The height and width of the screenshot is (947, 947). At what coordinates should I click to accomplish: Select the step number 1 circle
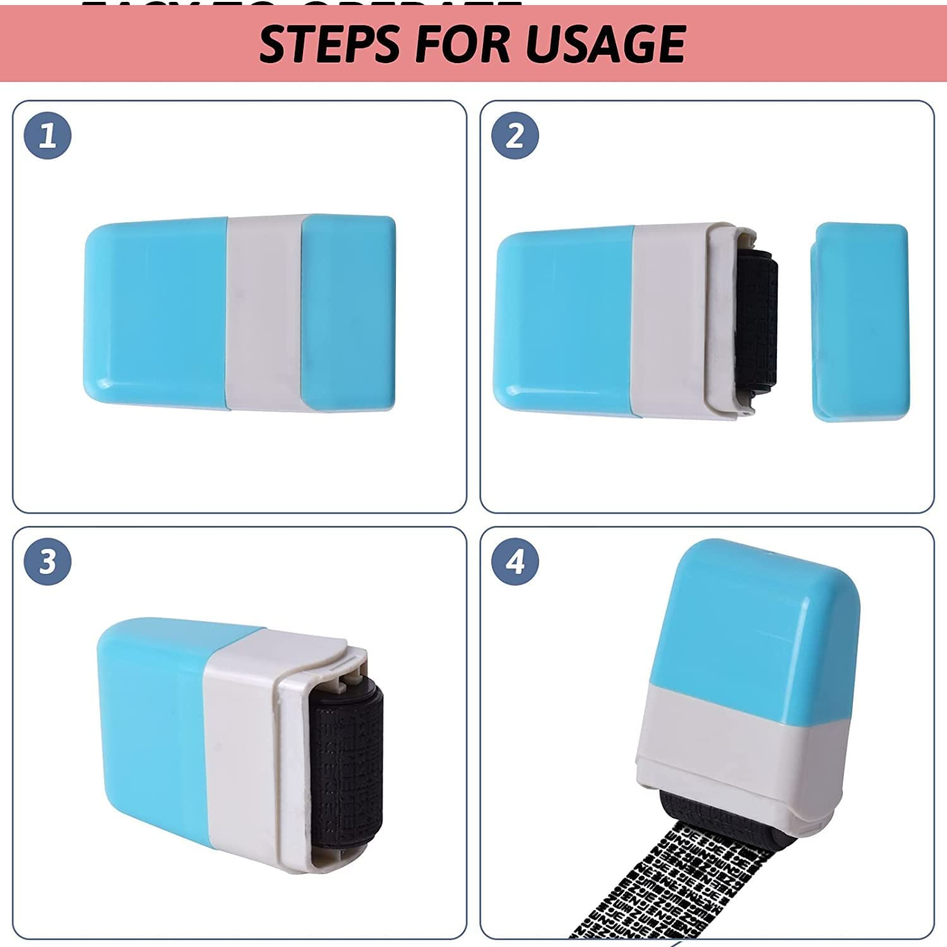pyautogui.click(x=48, y=136)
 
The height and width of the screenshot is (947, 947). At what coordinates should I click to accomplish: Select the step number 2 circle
pyautogui.click(x=515, y=136)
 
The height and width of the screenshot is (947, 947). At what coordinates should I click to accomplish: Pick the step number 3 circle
pyautogui.click(x=48, y=561)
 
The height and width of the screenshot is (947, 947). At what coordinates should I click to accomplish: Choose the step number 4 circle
pyautogui.click(x=515, y=561)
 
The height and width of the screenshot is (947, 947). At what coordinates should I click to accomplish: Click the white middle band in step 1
pyautogui.click(x=264, y=313)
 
